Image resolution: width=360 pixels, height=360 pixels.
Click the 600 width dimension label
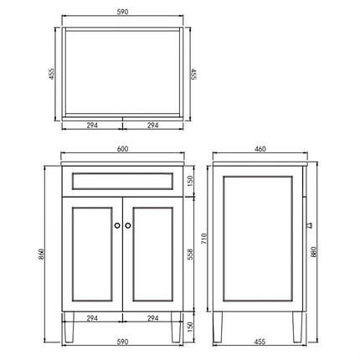tap(122, 149)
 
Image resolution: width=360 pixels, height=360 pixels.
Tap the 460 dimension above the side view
tap(260, 149)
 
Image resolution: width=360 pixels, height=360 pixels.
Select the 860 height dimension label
tap(41, 254)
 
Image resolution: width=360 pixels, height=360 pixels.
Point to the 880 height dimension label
tap(314, 252)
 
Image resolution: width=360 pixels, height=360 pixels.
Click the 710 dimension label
tap(204, 239)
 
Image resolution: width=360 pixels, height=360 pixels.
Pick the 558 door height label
tap(190, 255)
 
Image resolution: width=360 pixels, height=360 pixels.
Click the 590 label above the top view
tap(122, 12)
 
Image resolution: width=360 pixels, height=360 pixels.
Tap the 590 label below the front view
tap(122, 342)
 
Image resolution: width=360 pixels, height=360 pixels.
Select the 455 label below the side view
tap(260, 342)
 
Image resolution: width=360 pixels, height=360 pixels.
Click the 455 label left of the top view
tap(52, 74)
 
